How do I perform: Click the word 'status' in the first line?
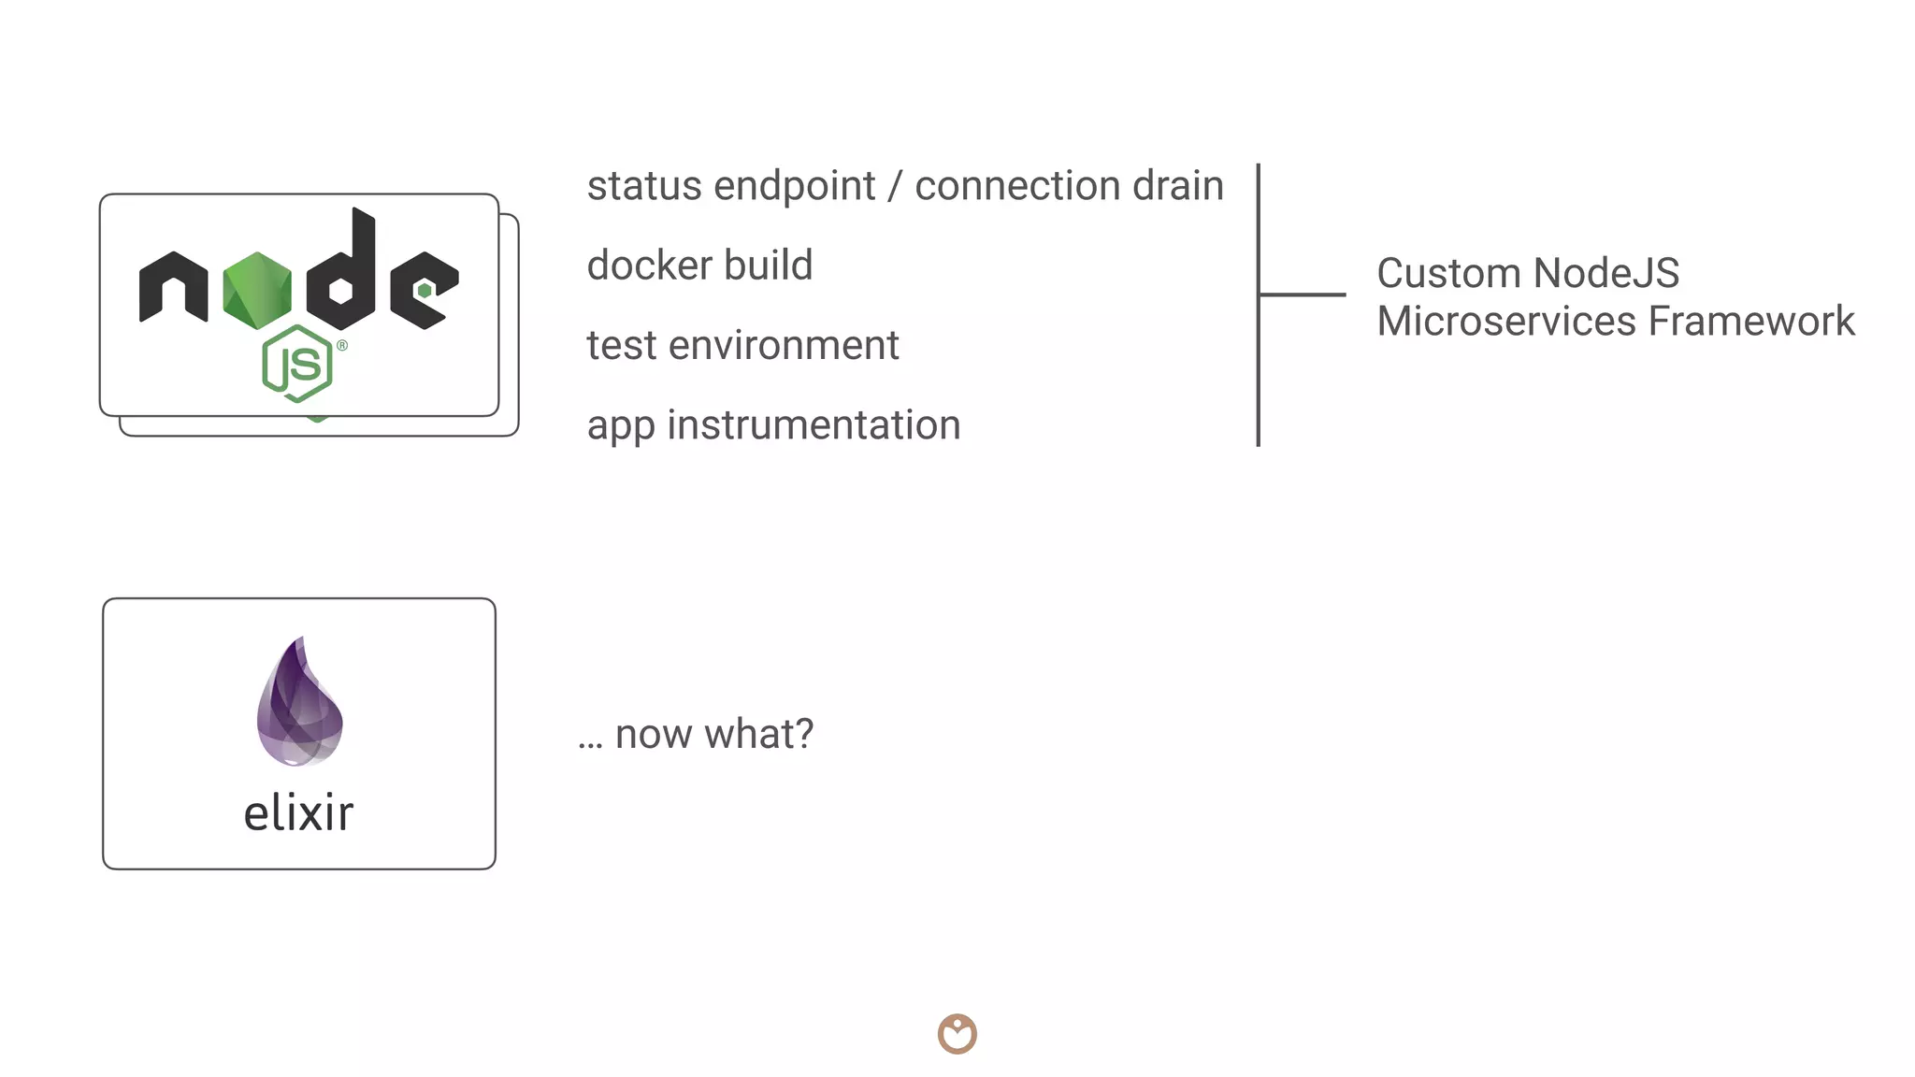click(643, 186)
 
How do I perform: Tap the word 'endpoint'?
click(795, 186)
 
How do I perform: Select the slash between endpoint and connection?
click(895, 186)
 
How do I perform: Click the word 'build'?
click(768, 266)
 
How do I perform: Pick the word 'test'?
click(622, 346)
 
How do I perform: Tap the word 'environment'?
click(784, 346)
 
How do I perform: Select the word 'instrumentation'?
click(814, 425)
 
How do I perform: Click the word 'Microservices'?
click(1506, 322)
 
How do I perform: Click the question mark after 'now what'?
click(803, 734)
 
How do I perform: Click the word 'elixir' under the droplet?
click(298, 813)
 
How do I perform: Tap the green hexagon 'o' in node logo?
click(257, 290)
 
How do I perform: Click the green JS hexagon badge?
click(297, 364)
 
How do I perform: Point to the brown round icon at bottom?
click(957, 1034)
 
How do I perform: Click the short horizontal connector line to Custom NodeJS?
click(1303, 294)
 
